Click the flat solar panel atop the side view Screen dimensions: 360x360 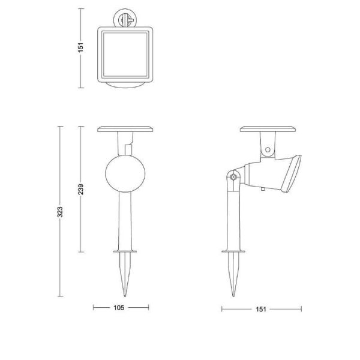pyautogui.click(x=268, y=128)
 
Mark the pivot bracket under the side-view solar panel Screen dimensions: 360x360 pyautogui.click(x=267, y=145)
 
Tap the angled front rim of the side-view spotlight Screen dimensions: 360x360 pyautogui.click(x=295, y=174)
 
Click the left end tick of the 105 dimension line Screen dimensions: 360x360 pyautogui.click(x=94, y=308)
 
